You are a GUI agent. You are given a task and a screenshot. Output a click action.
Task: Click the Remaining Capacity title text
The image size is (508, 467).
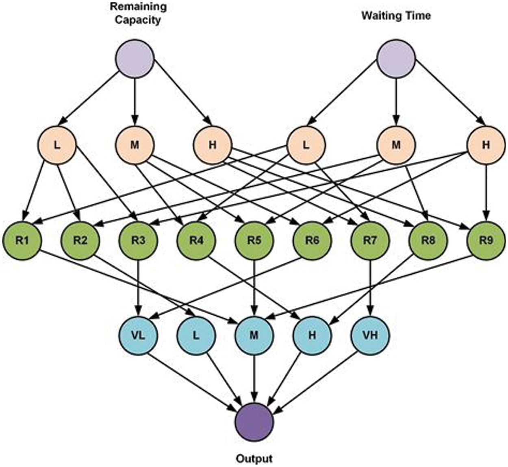coord(138,13)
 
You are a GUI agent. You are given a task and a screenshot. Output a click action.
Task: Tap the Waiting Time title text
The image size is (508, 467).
coord(396,16)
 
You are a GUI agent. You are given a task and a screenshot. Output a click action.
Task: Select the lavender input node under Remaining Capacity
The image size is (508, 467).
coord(135,59)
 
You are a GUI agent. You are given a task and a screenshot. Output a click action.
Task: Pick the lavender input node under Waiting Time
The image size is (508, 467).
coord(396,59)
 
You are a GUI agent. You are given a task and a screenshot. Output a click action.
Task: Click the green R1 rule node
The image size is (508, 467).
coord(22,240)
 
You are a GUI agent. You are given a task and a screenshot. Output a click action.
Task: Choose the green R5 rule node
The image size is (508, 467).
coord(254,240)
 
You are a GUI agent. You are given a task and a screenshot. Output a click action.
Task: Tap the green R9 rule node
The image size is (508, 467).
coord(486,240)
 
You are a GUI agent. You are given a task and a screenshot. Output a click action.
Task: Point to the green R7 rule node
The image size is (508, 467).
coord(370,240)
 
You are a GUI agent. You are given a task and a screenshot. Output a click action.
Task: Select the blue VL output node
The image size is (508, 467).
coord(138,336)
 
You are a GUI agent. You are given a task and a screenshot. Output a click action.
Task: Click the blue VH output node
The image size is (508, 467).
coord(370,336)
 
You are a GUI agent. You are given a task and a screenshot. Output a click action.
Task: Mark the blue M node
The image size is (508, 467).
coord(254,336)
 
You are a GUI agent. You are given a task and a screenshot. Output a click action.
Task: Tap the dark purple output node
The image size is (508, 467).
coord(254,422)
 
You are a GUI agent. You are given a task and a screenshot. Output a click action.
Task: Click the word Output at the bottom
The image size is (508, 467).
coord(254,458)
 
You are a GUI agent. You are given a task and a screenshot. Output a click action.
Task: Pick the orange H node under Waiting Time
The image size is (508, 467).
coord(486,145)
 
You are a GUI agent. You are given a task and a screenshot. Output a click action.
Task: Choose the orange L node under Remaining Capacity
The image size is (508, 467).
coord(57,145)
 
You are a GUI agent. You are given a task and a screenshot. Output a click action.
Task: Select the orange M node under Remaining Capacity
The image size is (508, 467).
coord(135,145)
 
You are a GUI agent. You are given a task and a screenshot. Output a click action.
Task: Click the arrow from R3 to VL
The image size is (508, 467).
coord(138,288)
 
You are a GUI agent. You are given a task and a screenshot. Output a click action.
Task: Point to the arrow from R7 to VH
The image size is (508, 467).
coord(370,288)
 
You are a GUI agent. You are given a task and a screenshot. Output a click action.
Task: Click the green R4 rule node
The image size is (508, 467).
coord(197,240)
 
